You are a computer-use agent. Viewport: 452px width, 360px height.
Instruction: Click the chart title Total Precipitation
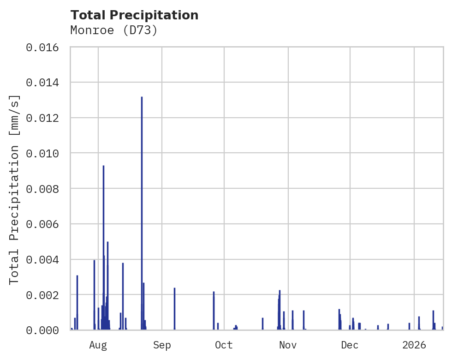click(x=134, y=15)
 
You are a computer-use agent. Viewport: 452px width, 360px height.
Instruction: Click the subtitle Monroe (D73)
click(x=114, y=30)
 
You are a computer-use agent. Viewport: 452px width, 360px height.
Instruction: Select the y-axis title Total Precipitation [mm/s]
click(x=14, y=189)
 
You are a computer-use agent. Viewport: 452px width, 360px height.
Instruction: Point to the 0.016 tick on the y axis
click(x=45, y=47)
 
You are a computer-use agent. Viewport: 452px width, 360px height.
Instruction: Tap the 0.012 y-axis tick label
click(x=45, y=118)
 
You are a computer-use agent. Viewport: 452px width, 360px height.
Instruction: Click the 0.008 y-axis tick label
click(x=45, y=189)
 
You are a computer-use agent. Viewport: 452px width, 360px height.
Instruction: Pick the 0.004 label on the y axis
click(x=45, y=259)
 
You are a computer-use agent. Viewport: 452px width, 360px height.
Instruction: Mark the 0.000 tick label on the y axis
click(x=45, y=330)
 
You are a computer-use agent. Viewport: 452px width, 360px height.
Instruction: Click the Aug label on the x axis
click(x=98, y=345)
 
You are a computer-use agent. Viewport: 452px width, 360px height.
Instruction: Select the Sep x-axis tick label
click(x=162, y=345)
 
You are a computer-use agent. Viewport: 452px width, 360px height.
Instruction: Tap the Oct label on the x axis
click(x=224, y=345)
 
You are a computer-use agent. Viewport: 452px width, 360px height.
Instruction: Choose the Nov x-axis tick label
click(x=288, y=345)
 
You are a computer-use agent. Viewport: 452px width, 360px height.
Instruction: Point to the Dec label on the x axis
click(x=350, y=345)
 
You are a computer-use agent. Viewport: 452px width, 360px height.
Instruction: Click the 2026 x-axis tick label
click(x=414, y=345)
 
